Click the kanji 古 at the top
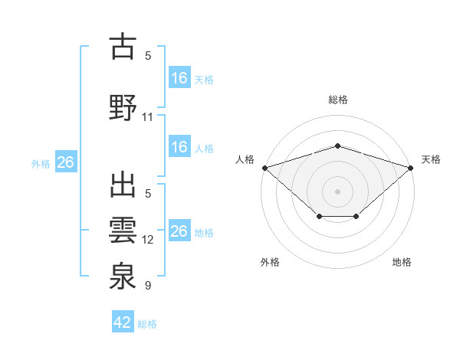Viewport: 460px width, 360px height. pos(123,48)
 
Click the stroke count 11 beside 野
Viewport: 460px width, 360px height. pos(147,117)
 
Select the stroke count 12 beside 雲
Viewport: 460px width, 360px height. pos(147,240)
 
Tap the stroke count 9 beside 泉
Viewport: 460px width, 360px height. pos(147,286)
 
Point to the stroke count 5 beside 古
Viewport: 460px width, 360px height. pos(147,55)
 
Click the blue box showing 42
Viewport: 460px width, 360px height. pos(123,322)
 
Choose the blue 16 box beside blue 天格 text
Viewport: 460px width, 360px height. pos(179,78)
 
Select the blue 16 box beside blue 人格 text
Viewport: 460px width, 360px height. pos(179,147)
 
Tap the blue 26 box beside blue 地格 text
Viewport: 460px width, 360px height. pos(179,231)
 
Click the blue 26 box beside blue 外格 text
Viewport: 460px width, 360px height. pos(65,162)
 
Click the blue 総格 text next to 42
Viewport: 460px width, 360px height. pos(147,323)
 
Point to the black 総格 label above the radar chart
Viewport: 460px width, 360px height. pos(337,100)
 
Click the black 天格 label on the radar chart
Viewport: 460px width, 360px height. pos(431,159)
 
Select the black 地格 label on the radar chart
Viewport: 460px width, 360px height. pos(402,262)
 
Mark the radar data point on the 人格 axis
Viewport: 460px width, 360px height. pos(264,167)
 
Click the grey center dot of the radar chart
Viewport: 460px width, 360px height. pos(337,191)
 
